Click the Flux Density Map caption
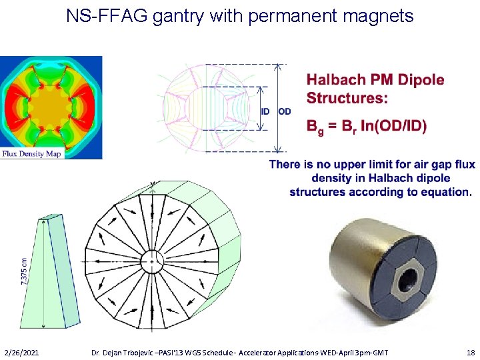point(31,153)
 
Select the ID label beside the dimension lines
point(265,111)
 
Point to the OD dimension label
point(284,111)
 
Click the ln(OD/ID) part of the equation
point(395,126)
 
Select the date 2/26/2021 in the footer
point(21,351)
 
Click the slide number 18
point(471,351)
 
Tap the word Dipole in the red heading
point(421,80)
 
